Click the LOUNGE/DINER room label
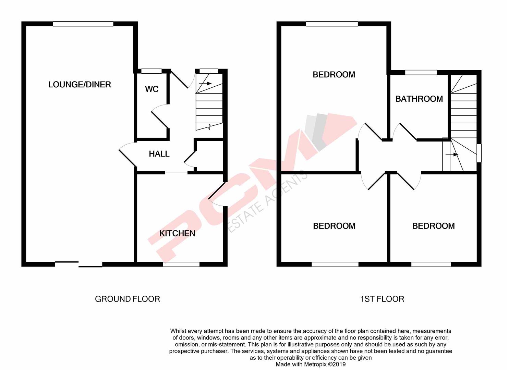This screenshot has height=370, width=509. coord(80,85)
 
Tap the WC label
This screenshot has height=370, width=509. coord(152,89)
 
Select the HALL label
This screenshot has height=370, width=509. coord(159,154)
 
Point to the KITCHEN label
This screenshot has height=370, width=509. coord(177,233)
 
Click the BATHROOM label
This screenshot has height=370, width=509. coord(419,99)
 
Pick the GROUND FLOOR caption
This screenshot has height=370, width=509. coord(127,299)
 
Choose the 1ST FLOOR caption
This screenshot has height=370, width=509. coord(382,299)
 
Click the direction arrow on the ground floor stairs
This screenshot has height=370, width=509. coord(205,83)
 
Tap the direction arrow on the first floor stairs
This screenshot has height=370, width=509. coord(452,155)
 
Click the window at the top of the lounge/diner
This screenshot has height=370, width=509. coord(83,24)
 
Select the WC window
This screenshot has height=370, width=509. coord(151,71)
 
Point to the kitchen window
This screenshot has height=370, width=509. coord(181,264)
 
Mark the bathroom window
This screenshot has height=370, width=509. coord(421,73)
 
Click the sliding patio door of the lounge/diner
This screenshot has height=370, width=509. coord(78,264)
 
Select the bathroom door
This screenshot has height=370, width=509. coord(406,132)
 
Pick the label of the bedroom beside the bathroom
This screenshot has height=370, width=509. coord(334,75)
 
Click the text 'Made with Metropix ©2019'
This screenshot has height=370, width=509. coord(311,365)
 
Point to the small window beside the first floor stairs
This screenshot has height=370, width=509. coord(479,153)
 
